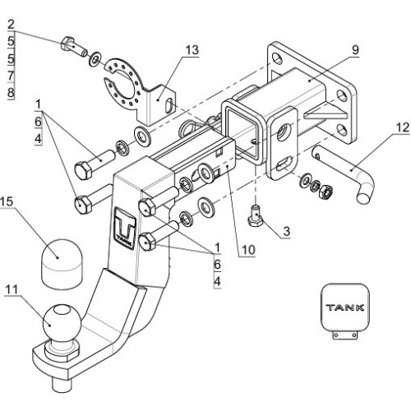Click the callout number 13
(x=192, y=50)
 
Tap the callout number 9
(x=355, y=50)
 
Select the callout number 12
(x=403, y=128)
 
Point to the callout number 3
(x=286, y=231)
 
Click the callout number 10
(x=248, y=250)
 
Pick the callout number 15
(x=7, y=201)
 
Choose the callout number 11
(x=12, y=289)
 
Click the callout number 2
(x=11, y=25)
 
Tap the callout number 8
(x=11, y=93)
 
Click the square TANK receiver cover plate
(x=345, y=311)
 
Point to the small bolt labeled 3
(x=256, y=216)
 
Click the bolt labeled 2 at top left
(x=73, y=47)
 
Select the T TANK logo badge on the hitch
(x=125, y=228)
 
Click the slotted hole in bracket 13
(x=169, y=106)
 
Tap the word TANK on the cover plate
(x=345, y=307)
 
